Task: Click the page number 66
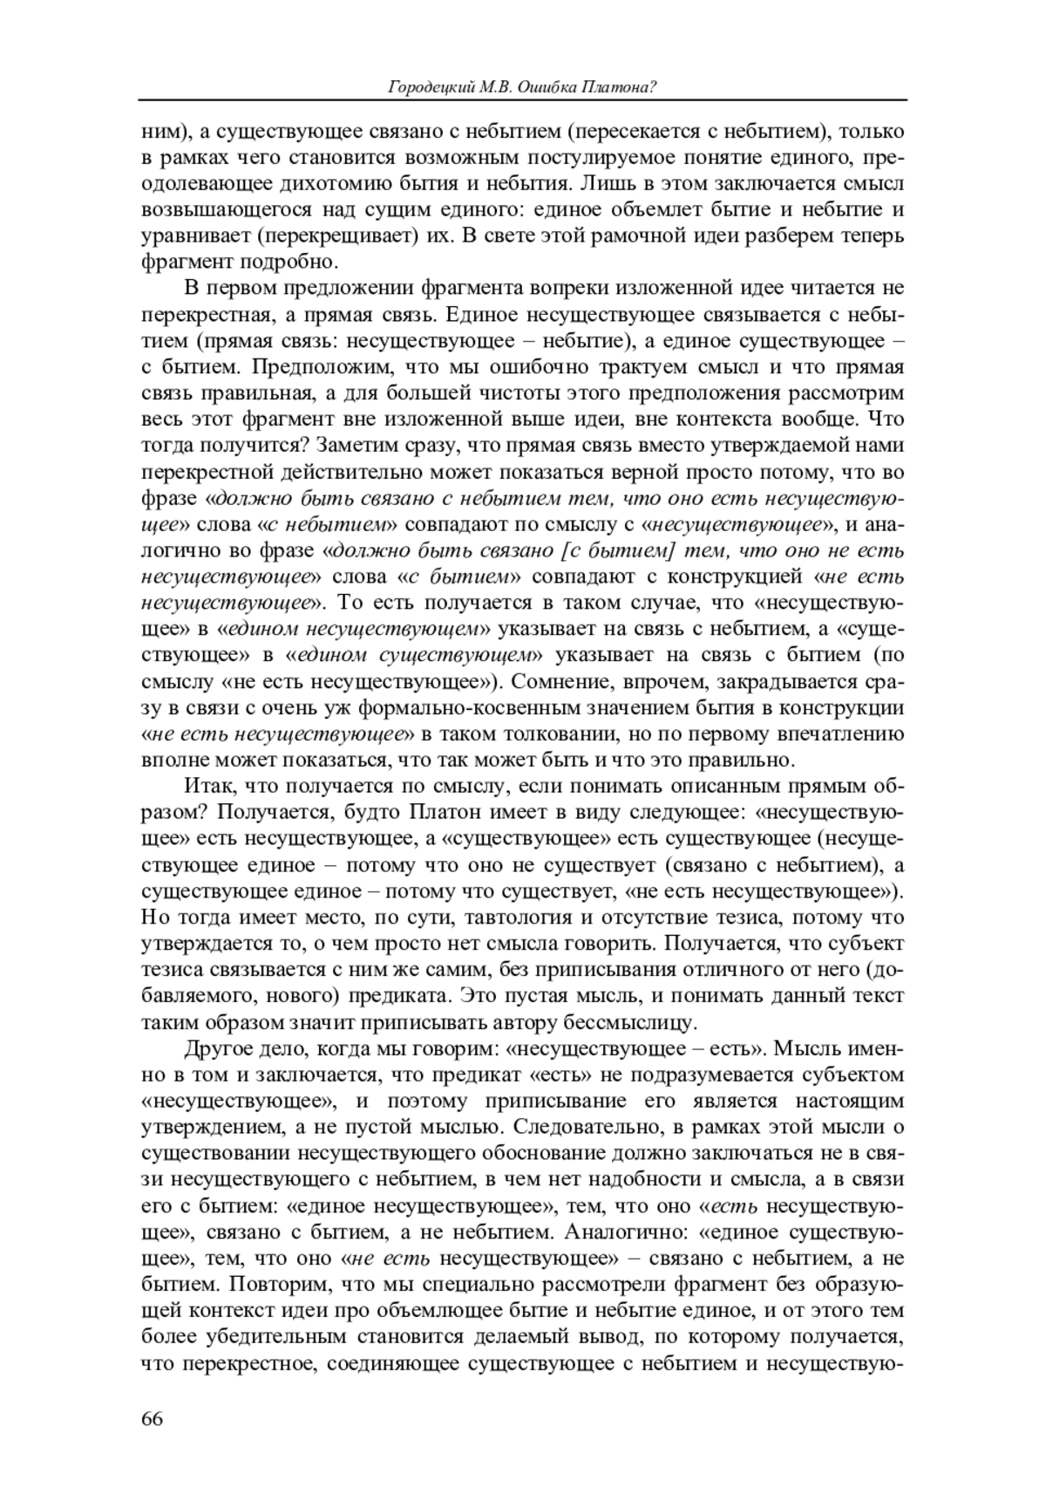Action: (x=152, y=1418)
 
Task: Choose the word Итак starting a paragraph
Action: (x=207, y=786)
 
